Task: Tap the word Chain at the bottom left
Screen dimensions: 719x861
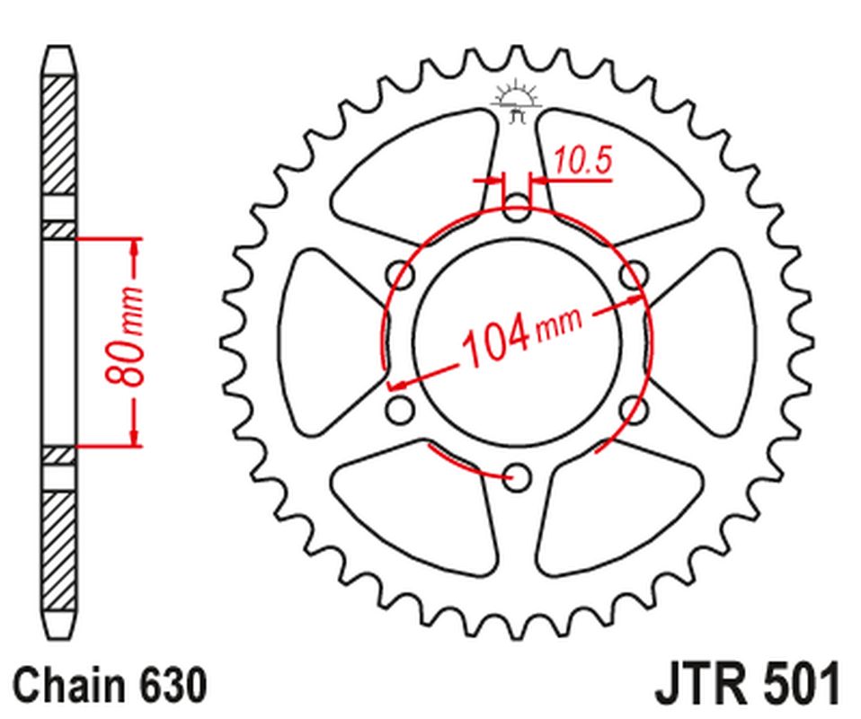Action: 71,686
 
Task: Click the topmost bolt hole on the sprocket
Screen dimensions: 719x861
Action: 516,209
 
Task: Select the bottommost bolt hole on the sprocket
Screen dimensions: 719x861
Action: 516,477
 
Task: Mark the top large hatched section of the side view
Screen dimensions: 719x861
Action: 59,135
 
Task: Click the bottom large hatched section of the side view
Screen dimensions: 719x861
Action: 59,548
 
